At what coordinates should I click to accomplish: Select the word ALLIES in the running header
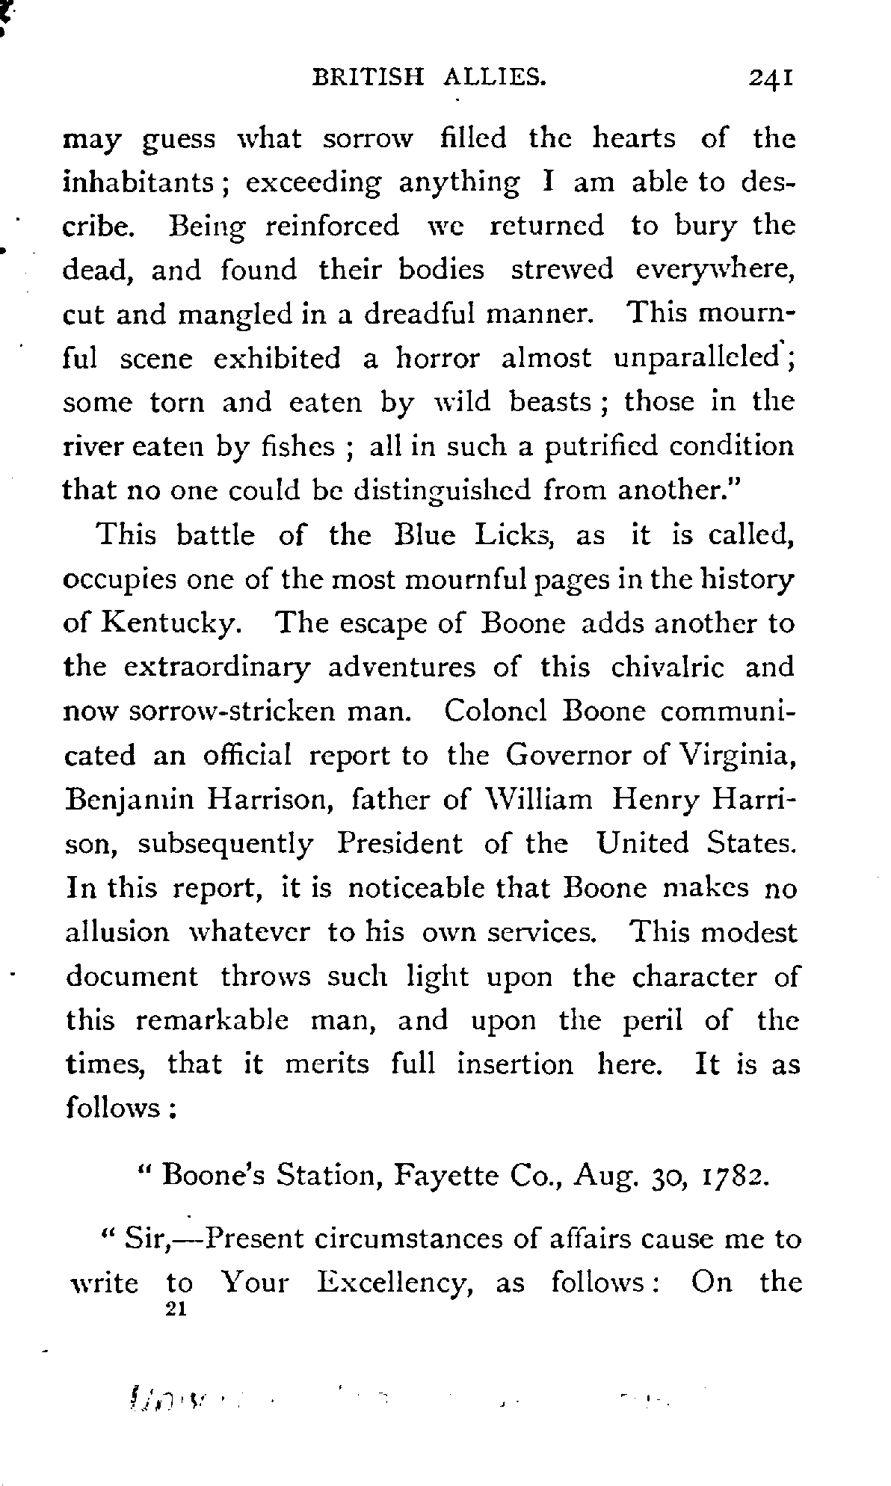coord(493,77)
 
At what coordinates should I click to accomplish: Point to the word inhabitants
coord(146,182)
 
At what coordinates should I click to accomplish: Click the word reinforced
coord(333,226)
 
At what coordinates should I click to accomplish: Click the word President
coord(399,843)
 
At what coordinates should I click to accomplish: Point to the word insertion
coord(515,1063)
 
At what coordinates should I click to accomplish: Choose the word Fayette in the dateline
coord(440,1177)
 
